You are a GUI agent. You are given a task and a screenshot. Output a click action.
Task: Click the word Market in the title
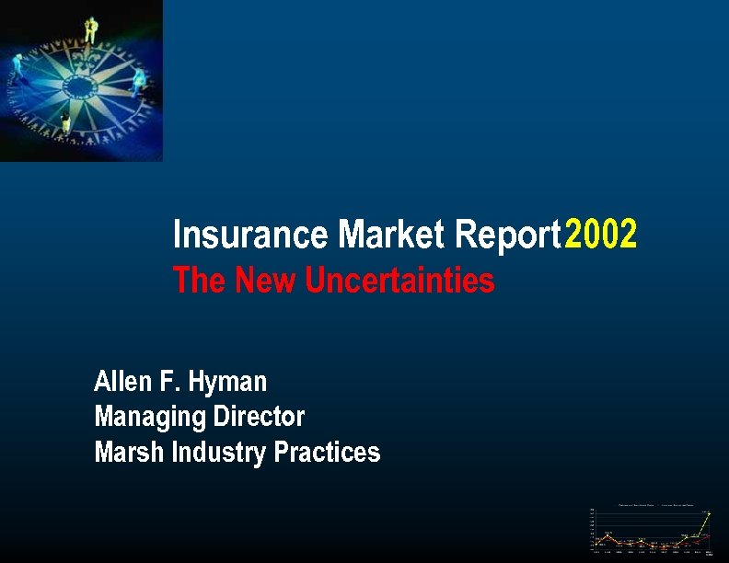(x=393, y=236)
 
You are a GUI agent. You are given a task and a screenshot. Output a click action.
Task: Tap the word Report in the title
(x=508, y=236)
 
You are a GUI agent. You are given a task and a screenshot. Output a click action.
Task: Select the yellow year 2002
(x=600, y=236)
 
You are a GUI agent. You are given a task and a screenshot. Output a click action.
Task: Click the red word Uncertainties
(x=399, y=280)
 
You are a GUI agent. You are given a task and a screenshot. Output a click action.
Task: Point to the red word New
(x=268, y=280)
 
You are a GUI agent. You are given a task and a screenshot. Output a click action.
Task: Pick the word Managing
(x=150, y=418)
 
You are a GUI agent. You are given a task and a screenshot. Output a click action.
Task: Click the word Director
(x=259, y=417)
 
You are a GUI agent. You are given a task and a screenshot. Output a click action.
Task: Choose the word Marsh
(x=124, y=453)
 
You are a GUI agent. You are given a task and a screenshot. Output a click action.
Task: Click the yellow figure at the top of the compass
(x=90, y=29)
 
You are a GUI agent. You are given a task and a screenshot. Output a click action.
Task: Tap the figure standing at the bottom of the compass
(x=64, y=121)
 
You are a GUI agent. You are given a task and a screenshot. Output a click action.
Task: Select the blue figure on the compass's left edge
(x=17, y=66)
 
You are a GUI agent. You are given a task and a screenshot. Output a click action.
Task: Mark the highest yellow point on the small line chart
(x=709, y=513)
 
